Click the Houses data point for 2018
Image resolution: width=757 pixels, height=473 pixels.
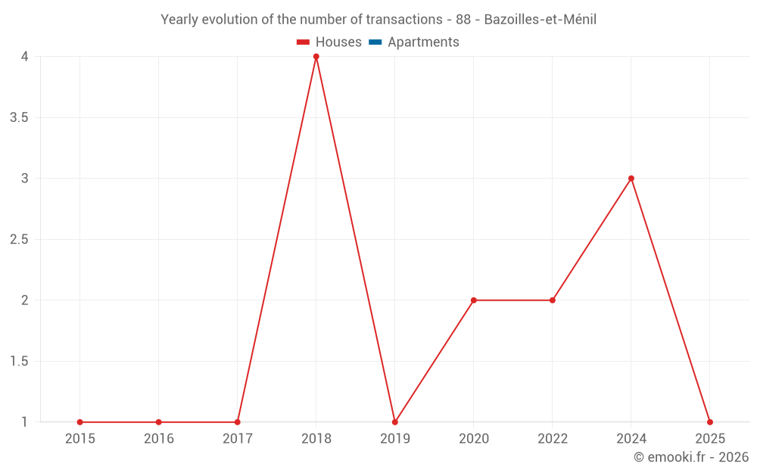pyautogui.click(x=316, y=57)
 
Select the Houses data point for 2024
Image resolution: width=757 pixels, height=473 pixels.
pyautogui.click(x=631, y=179)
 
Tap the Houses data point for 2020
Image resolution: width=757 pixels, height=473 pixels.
pyautogui.click(x=474, y=300)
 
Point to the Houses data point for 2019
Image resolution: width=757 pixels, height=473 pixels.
pyautogui.click(x=395, y=422)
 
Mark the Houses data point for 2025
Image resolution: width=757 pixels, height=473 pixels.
pyautogui.click(x=710, y=422)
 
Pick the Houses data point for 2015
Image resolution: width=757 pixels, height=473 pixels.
pyautogui.click(x=80, y=422)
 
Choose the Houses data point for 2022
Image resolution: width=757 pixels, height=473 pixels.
pyautogui.click(x=553, y=300)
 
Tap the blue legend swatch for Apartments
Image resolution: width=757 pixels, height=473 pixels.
pyautogui.click(x=375, y=42)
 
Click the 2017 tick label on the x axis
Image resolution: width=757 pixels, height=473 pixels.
pyautogui.click(x=238, y=439)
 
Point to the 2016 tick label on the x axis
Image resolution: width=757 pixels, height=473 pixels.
pyautogui.click(x=159, y=439)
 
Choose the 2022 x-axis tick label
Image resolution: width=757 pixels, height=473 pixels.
pyautogui.click(x=553, y=439)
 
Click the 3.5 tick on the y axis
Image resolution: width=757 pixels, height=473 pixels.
pyautogui.click(x=20, y=118)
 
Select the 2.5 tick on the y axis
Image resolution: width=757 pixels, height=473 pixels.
pyautogui.click(x=20, y=240)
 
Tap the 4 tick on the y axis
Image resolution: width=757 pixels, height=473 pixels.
pyautogui.click(x=25, y=57)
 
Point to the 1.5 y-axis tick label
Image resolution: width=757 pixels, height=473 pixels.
pyautogui.click(x=20, y=362)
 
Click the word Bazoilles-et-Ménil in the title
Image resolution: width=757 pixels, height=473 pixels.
pyautogui.click(x=540, y=20)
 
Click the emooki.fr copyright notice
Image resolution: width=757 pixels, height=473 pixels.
pyautogui.click(x=691, y=457)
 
